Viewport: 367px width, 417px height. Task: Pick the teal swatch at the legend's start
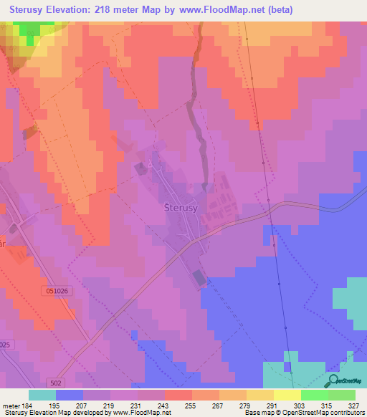click(x=42, y=395)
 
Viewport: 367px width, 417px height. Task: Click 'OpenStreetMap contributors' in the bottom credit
click(x=317, y=412)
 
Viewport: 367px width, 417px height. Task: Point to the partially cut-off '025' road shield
click(x=6, y=345)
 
